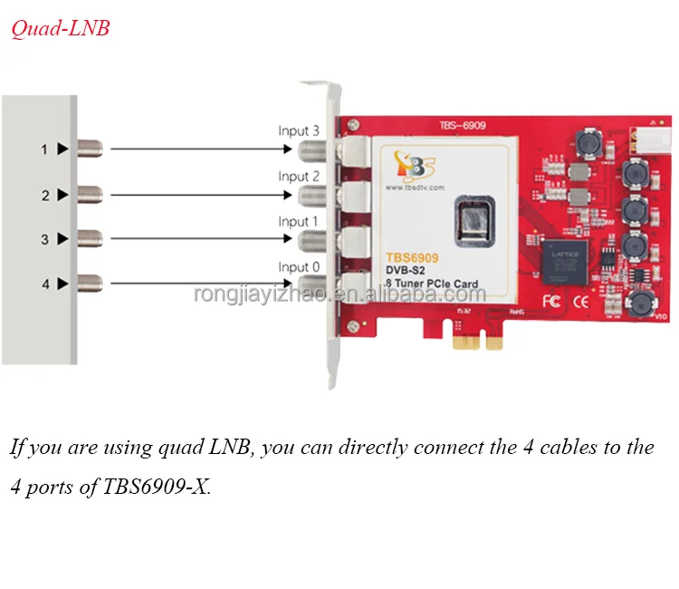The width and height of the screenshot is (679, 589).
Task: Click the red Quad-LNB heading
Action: pos(60,29)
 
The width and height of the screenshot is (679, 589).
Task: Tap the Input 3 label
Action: pos(299,130)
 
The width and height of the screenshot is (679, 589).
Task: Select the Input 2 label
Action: pos(299,176)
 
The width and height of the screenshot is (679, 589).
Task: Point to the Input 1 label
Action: pos(299,221)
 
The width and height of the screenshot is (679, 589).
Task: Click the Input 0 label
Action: pos(299,266)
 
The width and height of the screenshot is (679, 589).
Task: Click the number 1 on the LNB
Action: pos(43,149)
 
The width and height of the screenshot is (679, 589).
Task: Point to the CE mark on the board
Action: pos(587,300)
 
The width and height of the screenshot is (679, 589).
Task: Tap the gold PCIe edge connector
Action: pos(481,340)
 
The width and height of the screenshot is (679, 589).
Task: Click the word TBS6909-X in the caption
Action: pos(158,488)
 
